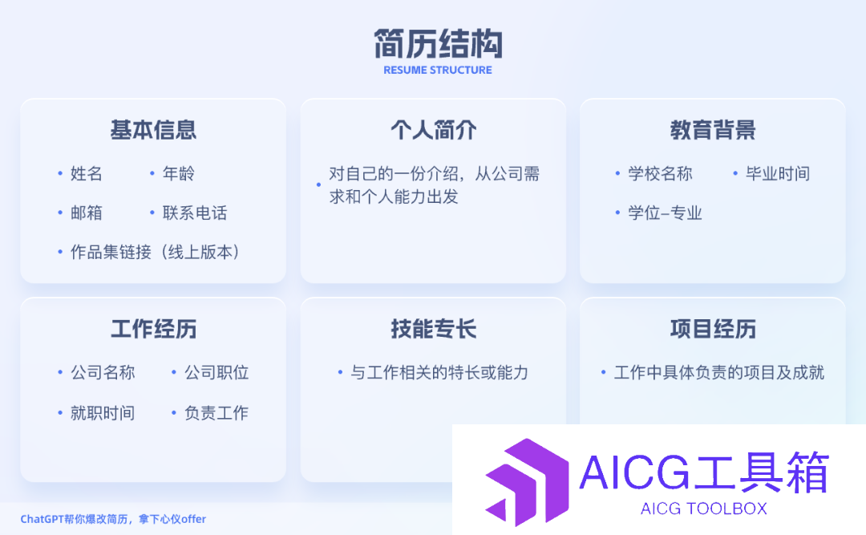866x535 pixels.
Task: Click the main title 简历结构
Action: point(438,43)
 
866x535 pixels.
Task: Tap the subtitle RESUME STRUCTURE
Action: point(438,71)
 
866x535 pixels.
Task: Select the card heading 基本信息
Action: point(153,130)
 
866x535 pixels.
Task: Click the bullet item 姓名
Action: point(86,173)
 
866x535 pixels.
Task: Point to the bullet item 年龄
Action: point(178,173)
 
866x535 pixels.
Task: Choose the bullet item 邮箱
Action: point(86,213)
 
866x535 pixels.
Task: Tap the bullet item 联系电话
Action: point(194,213)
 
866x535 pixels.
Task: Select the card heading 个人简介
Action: point(434,130)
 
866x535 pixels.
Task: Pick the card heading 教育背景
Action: point(713,130)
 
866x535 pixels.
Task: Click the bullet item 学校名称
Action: point(660,173)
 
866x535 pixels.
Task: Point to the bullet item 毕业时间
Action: point(778,173)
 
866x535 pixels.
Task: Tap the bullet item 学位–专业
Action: point(665,213)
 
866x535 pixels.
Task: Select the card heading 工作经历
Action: point(153,329)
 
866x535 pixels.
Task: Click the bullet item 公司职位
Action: point(216,372)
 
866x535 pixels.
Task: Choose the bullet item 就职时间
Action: point(103,413)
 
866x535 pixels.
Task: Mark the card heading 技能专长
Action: point(434,329)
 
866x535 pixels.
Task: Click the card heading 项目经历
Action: point(713,329)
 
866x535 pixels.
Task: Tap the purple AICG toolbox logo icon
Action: point(528,482)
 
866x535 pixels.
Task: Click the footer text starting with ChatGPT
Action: point(113,519)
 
